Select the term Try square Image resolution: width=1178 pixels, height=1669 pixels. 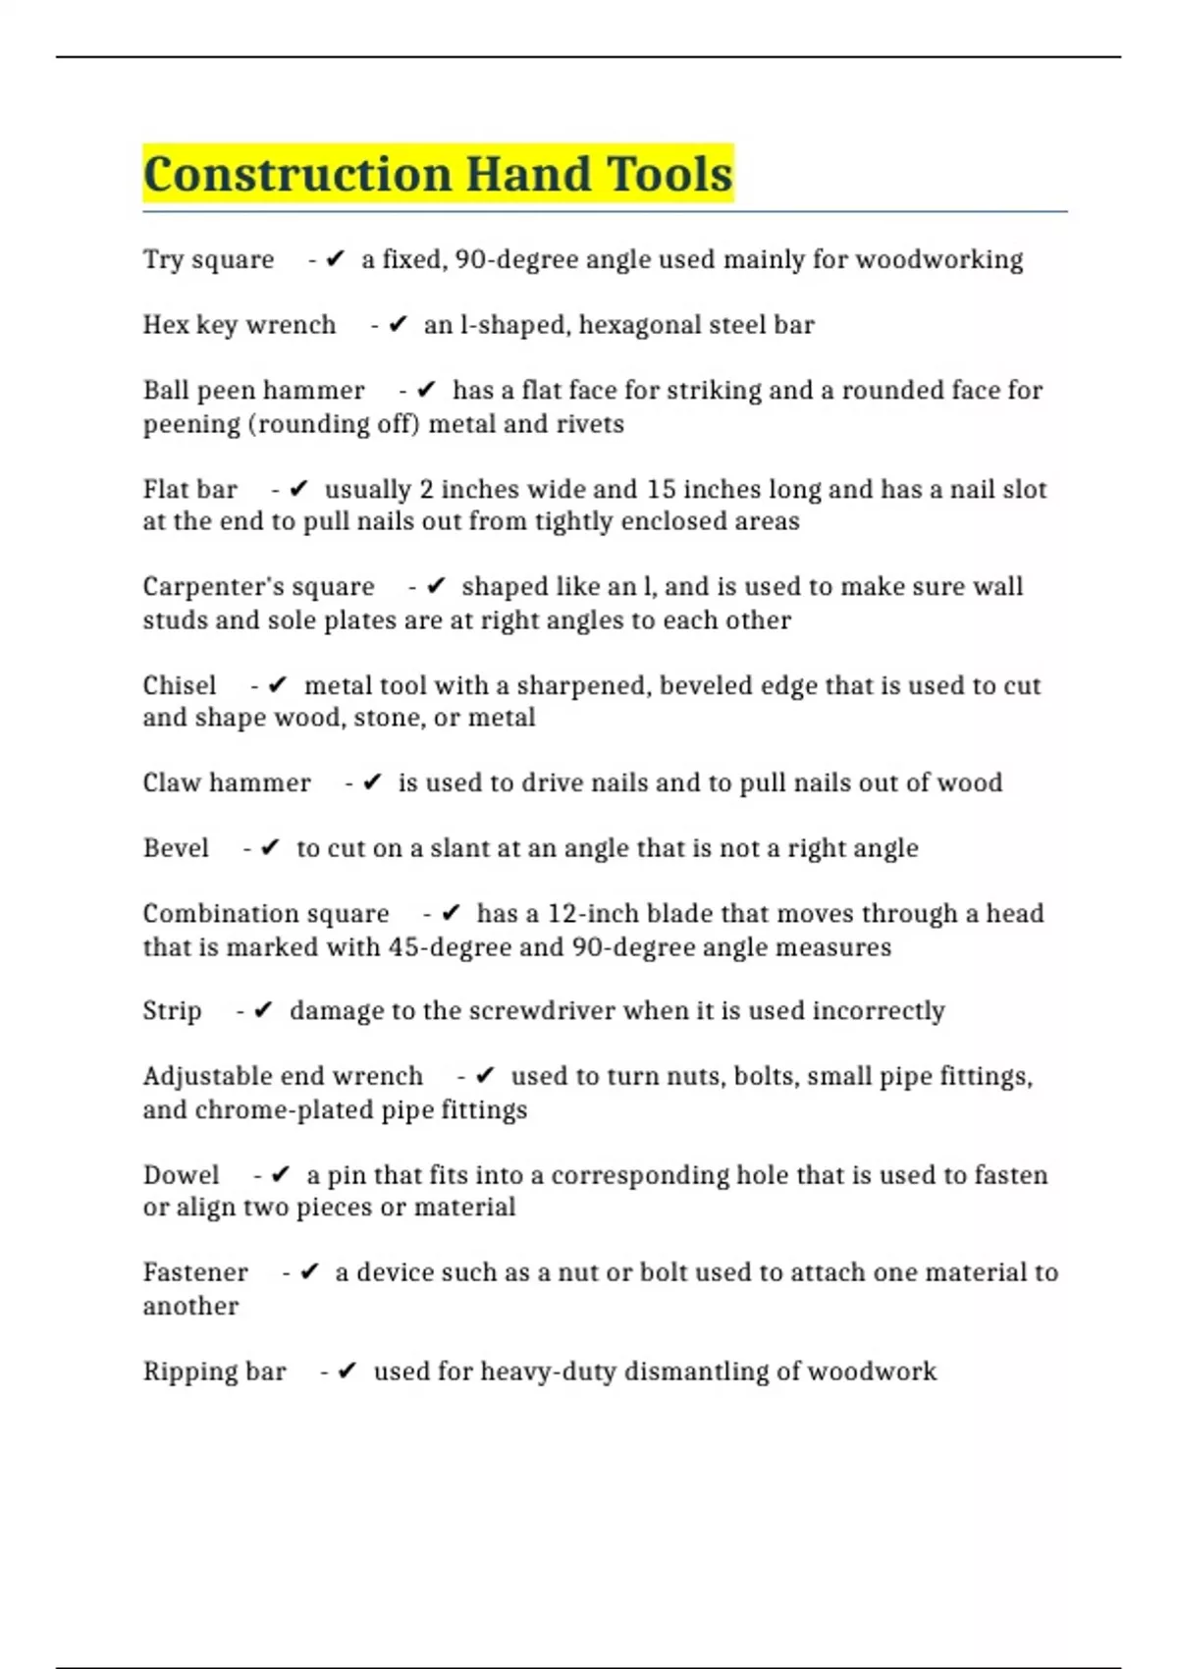[208, 259]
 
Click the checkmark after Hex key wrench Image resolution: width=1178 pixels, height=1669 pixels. [398, 325]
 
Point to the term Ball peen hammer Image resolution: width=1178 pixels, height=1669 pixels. [253, 391]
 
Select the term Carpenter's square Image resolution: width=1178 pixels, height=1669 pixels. [258, 587]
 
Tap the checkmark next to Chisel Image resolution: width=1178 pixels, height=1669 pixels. [278, 685]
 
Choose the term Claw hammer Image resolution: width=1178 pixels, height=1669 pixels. [227, 782]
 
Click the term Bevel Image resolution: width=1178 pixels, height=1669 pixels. [176, 848]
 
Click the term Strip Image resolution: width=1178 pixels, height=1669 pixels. [172, 1011]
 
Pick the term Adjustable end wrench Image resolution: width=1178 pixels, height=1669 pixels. [283, 1076]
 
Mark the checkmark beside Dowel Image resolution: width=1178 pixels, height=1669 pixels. [281, 1175]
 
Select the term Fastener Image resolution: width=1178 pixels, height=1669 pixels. [195, 1272]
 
